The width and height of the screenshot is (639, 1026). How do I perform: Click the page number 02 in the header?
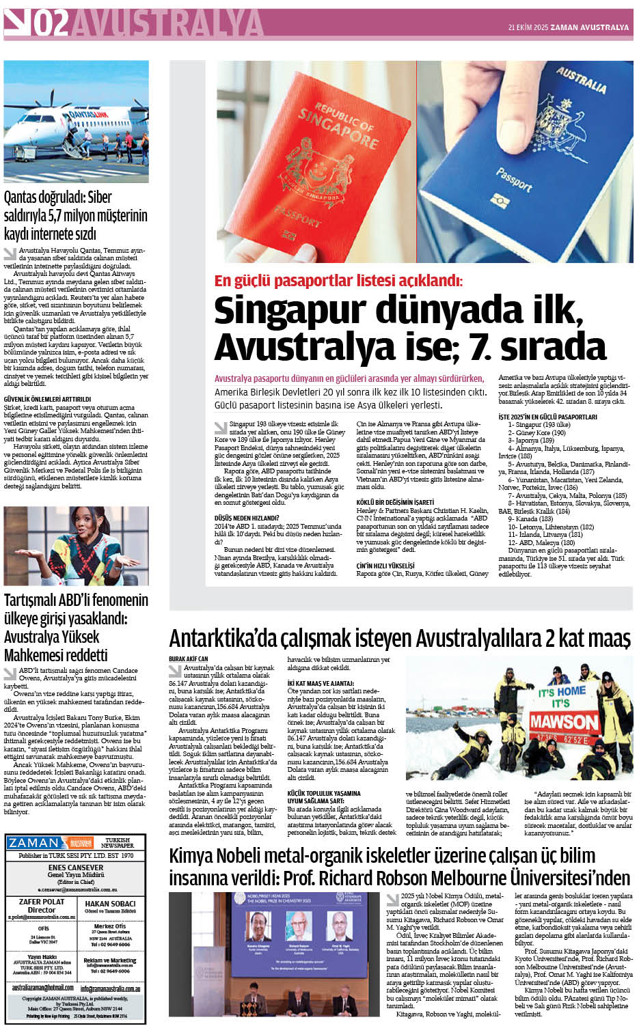click(51, 25)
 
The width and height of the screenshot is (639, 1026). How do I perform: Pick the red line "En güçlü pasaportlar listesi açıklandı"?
click(338, 281)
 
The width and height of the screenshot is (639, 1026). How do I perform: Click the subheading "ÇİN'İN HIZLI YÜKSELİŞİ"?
click(385, 566)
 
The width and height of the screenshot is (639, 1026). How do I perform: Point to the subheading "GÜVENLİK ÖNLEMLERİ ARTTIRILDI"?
click(47, 399)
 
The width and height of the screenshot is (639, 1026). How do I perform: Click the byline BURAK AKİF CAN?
click(189, 658)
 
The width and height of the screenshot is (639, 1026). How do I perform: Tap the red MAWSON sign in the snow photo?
click(564, 721)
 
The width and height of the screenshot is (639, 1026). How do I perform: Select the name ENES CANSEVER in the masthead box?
click(76, 867)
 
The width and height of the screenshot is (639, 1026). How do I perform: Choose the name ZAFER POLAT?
click(41, 902)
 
